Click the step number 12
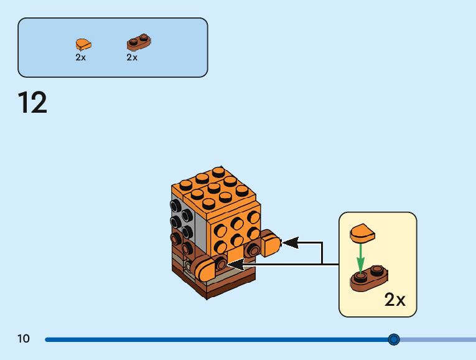(32, 102)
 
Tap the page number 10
(24, 339)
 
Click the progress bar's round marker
(393, 339)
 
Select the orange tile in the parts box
(83, 44)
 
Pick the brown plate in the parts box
(140, 42)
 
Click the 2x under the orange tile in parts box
(81, 57)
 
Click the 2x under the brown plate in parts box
(132, 57)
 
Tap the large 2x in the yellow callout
(394, 300)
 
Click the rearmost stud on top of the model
(218, 171)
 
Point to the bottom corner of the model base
(207, 296)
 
